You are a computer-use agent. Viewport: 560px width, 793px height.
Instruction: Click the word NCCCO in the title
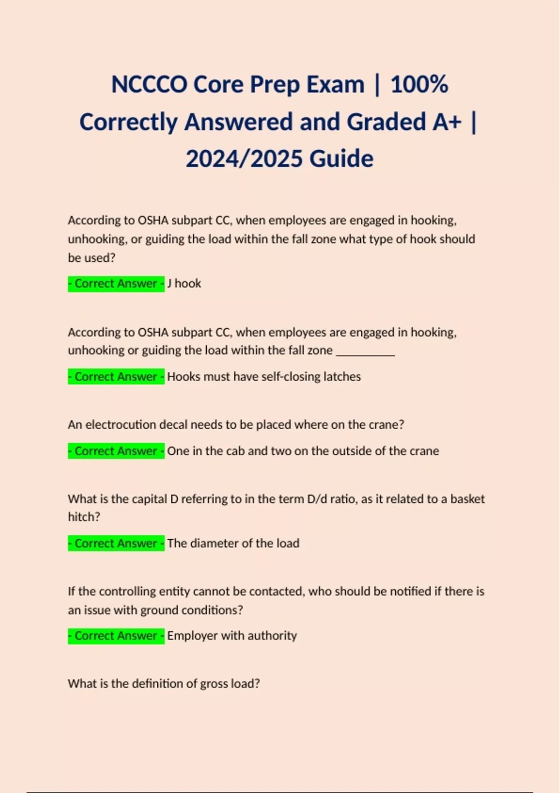[149, 85]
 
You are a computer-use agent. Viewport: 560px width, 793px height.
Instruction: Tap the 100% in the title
[419, 85]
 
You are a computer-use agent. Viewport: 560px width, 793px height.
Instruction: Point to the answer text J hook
[184, 284]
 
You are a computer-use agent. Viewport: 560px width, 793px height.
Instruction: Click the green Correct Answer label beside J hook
[116, 284]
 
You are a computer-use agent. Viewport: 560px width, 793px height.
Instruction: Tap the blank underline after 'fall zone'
[365, 351]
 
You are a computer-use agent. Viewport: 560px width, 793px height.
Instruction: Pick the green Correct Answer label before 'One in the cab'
[116, 451]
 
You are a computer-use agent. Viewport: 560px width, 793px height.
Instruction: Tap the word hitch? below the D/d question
[84, 517]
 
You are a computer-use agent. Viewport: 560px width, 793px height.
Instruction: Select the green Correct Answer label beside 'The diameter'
[116, 543]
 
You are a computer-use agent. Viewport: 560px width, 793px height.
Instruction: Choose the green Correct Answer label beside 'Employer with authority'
[116, 636]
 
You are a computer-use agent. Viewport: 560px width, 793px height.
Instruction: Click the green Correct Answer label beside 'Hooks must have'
[116, 377]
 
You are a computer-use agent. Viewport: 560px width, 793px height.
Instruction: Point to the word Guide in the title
[341, 159]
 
